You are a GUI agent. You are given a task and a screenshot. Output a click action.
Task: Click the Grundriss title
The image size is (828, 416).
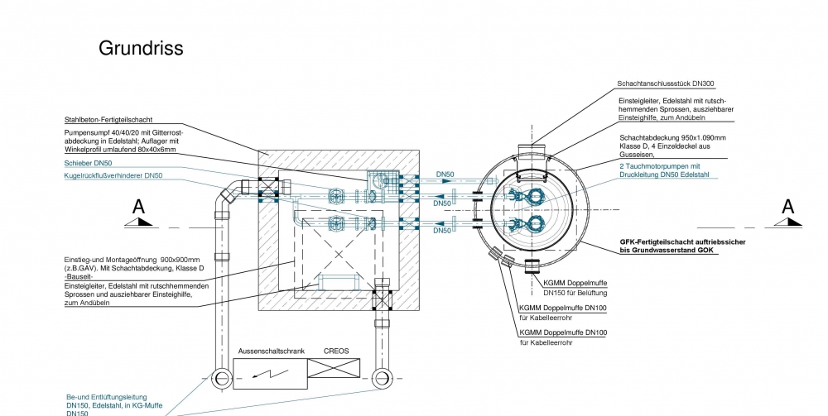(141, 48)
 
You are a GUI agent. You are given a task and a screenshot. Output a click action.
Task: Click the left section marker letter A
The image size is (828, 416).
(139, 206)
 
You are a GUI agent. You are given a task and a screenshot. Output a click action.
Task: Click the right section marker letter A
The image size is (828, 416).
(787, 206)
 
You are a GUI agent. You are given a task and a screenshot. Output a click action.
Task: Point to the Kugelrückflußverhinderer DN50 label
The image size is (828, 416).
(113, 175)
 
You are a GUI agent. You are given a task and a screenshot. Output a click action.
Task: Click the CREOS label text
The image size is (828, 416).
(336, 351)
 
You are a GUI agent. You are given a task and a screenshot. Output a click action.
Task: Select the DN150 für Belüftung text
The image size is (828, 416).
(575, 294)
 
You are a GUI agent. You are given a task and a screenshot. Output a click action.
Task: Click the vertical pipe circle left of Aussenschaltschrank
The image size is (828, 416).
(222, 379)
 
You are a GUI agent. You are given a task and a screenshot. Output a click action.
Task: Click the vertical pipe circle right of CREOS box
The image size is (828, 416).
(382, 379)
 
